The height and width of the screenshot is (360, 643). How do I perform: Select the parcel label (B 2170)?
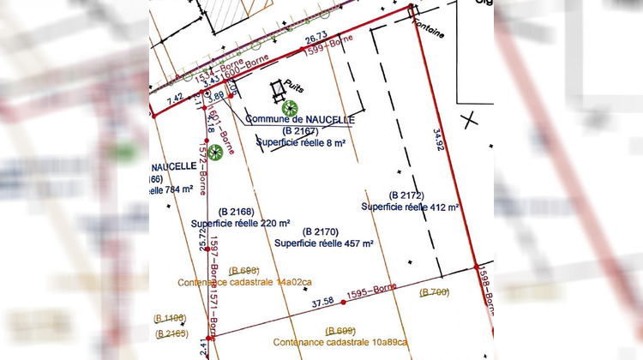click(x=321, y=231)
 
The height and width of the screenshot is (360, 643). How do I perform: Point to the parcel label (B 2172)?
click(x=407, y=195)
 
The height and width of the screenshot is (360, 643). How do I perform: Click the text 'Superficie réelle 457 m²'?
click(x=323, y=243)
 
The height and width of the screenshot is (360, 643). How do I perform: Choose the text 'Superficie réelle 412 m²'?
click(x=411, y=207)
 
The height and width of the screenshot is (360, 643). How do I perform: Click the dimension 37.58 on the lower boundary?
click(x=322, y=302)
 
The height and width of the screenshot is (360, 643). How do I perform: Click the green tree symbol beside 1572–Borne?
click(x=216, y=153)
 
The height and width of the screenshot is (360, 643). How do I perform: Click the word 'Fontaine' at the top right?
click(x=431, y=33)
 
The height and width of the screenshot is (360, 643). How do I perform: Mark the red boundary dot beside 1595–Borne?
click(x=344, y=302)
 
